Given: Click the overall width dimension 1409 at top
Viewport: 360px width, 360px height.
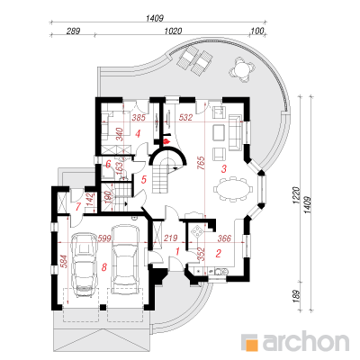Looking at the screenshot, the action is (x=155, y=18).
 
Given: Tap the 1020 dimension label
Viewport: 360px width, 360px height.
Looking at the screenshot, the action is (x=173, y=31).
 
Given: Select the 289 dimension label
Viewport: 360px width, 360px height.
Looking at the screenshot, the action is (x=73, y=31).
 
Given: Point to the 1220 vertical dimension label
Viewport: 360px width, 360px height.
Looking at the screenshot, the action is (x=295, y=196).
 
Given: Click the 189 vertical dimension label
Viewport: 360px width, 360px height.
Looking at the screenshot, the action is (x=295, y=297).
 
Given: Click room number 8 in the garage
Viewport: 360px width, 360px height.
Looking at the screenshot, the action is (x=104, y=267).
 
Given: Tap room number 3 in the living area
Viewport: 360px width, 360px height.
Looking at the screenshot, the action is (x=223, y=169).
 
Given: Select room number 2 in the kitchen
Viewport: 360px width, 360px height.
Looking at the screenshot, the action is (x=218, y=254).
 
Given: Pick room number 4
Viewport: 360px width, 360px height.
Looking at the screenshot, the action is (x=138, y=133).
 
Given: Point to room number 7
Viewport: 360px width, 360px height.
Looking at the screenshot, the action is (x=78, y=207).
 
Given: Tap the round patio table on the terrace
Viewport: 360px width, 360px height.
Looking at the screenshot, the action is (x=242, y=70).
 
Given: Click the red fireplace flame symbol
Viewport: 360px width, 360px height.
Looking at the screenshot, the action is (x=166, y=140).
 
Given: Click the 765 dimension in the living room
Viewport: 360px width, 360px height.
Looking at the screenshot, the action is (x=202, y=163).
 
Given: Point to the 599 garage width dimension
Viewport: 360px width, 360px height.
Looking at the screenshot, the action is (x=104, y=238).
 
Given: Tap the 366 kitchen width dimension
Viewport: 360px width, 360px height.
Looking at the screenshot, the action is (x=224, y=238).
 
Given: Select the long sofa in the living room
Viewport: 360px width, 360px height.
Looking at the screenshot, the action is (x=236, y=132).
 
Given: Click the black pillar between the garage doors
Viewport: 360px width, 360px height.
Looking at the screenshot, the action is (x=103, y=307).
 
